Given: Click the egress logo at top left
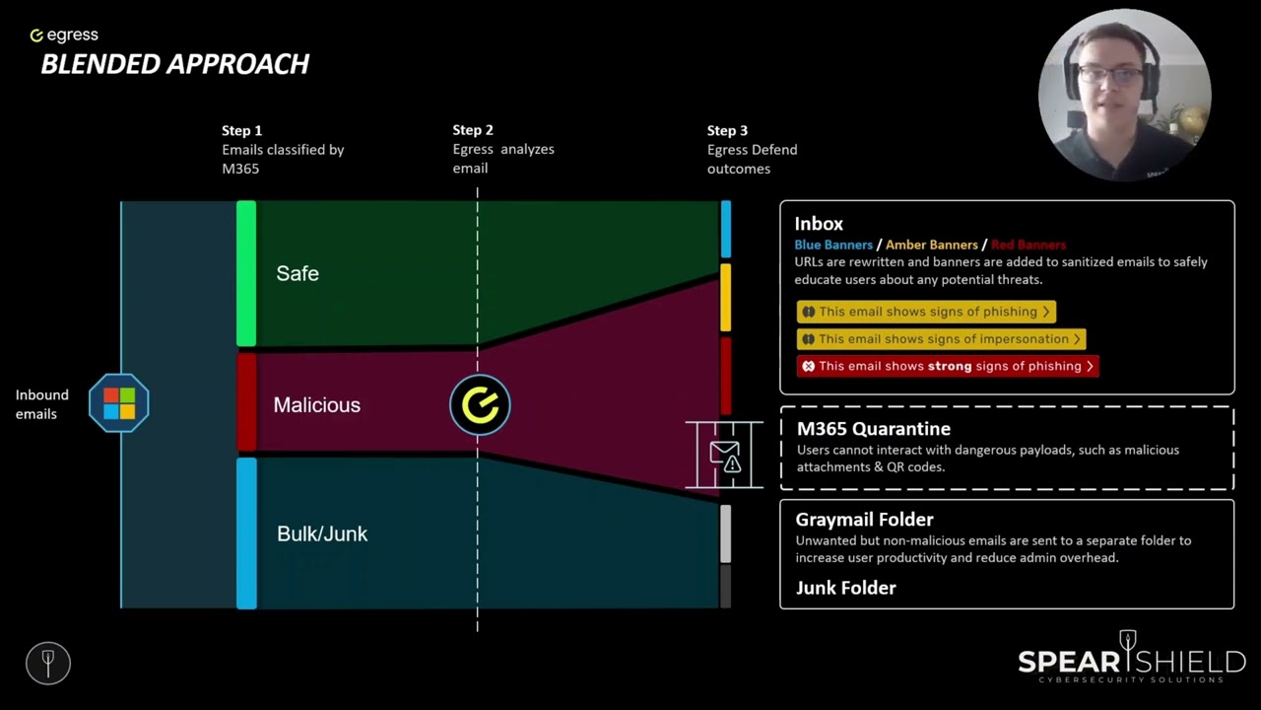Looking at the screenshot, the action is click(64, 35).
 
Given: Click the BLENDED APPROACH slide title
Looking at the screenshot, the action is click(175, 64).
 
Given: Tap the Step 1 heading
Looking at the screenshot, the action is click(241, 131).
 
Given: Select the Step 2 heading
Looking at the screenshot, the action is click(473, 130).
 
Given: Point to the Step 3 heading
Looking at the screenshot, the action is click(727, 131).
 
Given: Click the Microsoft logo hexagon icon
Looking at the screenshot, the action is click(119, 403).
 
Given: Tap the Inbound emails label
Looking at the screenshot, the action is click(41, 404).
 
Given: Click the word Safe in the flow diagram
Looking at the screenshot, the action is click(298, 273).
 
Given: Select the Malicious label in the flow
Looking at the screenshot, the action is click(317, 404).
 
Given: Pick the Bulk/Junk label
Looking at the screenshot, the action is click(322, 533).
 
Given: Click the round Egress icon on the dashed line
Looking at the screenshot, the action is click(480, 404).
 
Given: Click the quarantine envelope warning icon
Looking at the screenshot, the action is click(725, 457).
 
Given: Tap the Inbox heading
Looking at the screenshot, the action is click(819, 224).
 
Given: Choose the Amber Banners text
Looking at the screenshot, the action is click(932, 245).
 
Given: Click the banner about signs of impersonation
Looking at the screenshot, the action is click(941, 339).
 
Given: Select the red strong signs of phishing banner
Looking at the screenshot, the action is click(948, 366).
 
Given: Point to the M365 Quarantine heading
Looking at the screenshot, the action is click(874, 429).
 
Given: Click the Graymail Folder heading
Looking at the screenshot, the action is click(864, 520).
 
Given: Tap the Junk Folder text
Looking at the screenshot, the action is click(845, 588).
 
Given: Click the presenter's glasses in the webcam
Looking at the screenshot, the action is click(1109, 74).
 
